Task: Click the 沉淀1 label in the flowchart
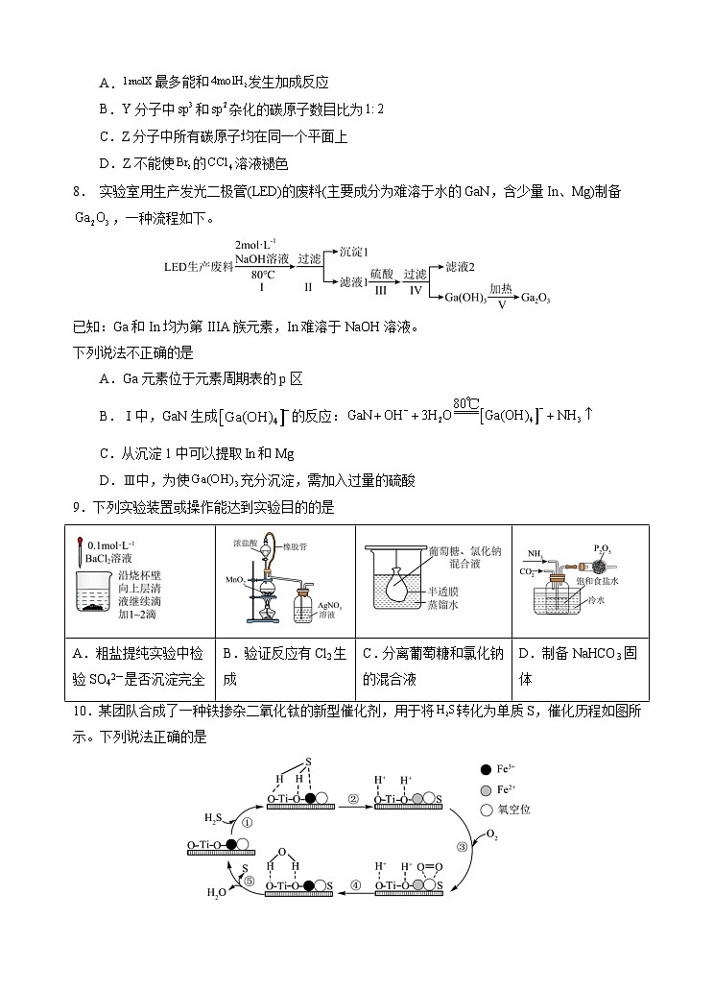(x=356, y=251)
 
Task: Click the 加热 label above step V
(x=500, y=287)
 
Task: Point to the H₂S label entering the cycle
(x=213, y=818)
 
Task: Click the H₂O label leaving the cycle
(x=217, y=892)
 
